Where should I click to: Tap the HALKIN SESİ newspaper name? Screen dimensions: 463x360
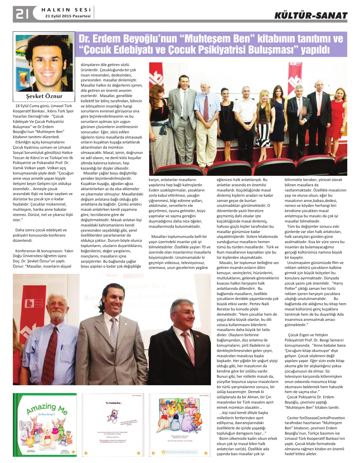[66, 10]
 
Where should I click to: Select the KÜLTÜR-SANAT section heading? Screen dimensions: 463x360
[311, 15]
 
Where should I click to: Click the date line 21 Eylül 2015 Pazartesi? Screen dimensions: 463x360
[68, 16]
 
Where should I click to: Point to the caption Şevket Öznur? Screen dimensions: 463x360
[44, 96]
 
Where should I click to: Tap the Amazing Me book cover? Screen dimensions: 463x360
[45, 424]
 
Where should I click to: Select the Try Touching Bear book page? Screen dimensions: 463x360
[113, 424]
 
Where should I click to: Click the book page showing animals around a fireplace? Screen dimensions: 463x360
[180, 424]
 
